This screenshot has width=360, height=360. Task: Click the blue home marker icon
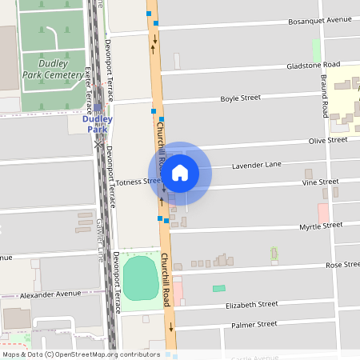pyautogui.click(x=180, y=173)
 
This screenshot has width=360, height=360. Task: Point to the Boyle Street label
pyautogui.click(x=240, y=98)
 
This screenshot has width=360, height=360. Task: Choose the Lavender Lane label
pyautogui.click(x=257, y=166)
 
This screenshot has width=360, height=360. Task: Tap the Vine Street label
pyautogui.click(x=320, y=182)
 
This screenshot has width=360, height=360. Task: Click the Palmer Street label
pyautogui.click(x=254, y=324)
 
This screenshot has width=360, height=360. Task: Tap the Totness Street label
pyautogui.click(x=138, y=182)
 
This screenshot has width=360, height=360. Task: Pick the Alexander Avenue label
pyautogui.click(x=51, y=294)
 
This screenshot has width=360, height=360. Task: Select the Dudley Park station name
pyautogui.click(x=97, y=124)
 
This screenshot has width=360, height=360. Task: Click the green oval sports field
pyautogui.click(x=140, y=277)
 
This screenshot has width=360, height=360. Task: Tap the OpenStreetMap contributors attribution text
pyautogui.click(x=80, y=354)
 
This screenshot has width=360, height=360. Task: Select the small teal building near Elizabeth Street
pyautogui.click(x=218, y=288)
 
